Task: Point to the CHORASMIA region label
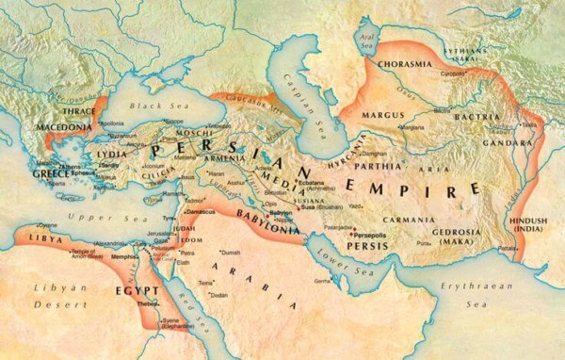point(404,65)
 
